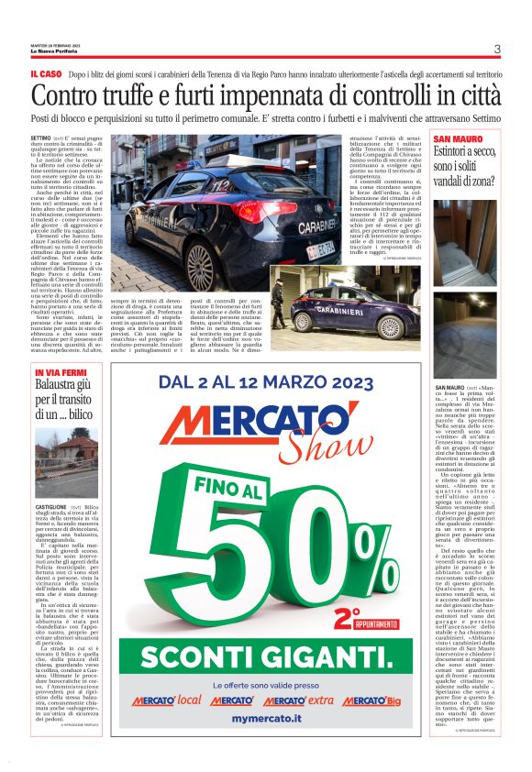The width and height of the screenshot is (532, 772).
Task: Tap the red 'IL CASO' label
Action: click(x=46, y=73)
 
